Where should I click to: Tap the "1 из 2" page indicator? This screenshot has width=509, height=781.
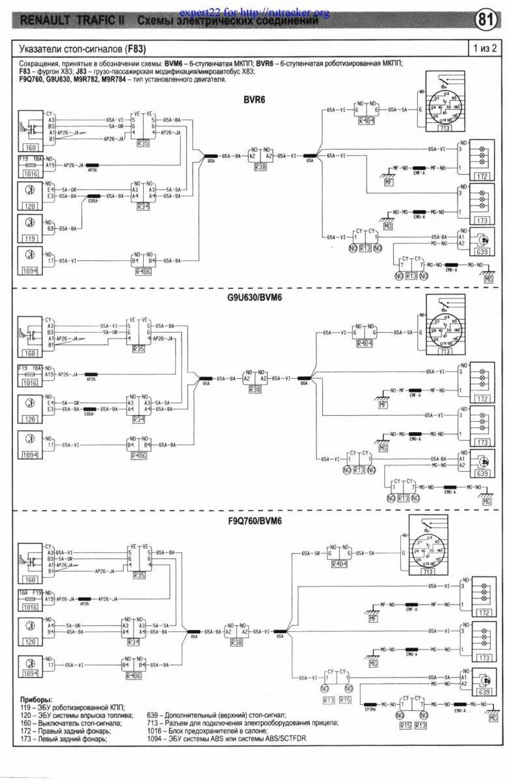tap(486, 48)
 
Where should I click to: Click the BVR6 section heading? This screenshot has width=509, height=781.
tap(254, 100)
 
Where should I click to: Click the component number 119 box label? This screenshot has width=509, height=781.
tap(27, 239)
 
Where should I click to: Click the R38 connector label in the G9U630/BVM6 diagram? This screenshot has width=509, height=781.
tap(255, 389)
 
